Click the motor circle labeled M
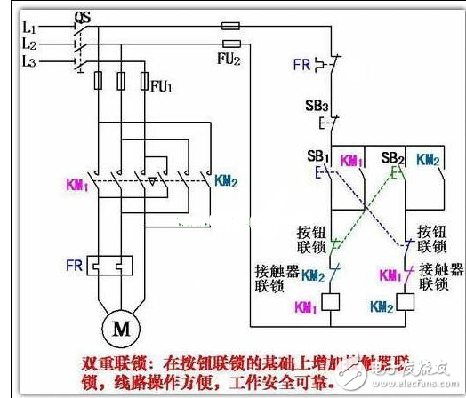[x=119, y=328]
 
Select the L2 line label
[x=28, y=44]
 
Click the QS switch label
[x=82, y=16]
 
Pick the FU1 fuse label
[x=162, y=87]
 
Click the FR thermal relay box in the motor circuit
[x=111, y=265]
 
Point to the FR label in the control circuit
[x=301, y=64]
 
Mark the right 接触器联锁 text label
[x=441, y=275]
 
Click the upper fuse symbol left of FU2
[x=231, y=28]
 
